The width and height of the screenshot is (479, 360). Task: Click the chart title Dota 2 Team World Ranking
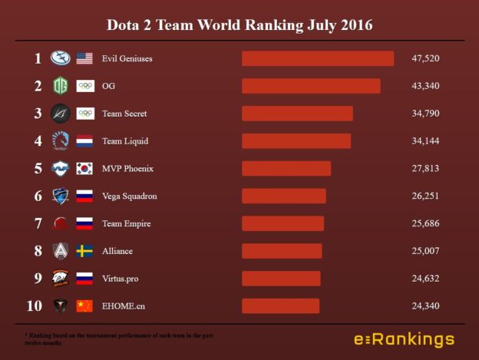[239, 25]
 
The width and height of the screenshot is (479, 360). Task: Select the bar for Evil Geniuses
[318, 58]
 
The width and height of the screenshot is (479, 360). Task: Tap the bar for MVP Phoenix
[286, 169]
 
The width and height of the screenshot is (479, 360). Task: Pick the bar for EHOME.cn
[280, 306]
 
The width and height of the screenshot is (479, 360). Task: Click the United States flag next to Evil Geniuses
[84, 58]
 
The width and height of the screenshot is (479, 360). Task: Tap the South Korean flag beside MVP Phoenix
[84, 169]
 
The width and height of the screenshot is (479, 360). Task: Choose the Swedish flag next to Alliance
[84, 251]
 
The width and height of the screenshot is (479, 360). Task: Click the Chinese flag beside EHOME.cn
[84, 306]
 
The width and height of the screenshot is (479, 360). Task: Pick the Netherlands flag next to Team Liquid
[84, 141]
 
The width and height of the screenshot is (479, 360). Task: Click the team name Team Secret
[124, 114]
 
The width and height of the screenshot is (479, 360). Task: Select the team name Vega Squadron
[129, 197]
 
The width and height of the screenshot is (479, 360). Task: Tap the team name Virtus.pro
[120, 279]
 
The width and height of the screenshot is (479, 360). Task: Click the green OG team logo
[60, 86]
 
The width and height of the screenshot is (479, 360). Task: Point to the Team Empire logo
[60, 223]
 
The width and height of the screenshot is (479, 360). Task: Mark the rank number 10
[35, 306]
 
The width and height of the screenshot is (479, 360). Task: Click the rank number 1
[37, 58]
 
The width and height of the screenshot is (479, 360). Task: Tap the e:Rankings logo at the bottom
[403, 339]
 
